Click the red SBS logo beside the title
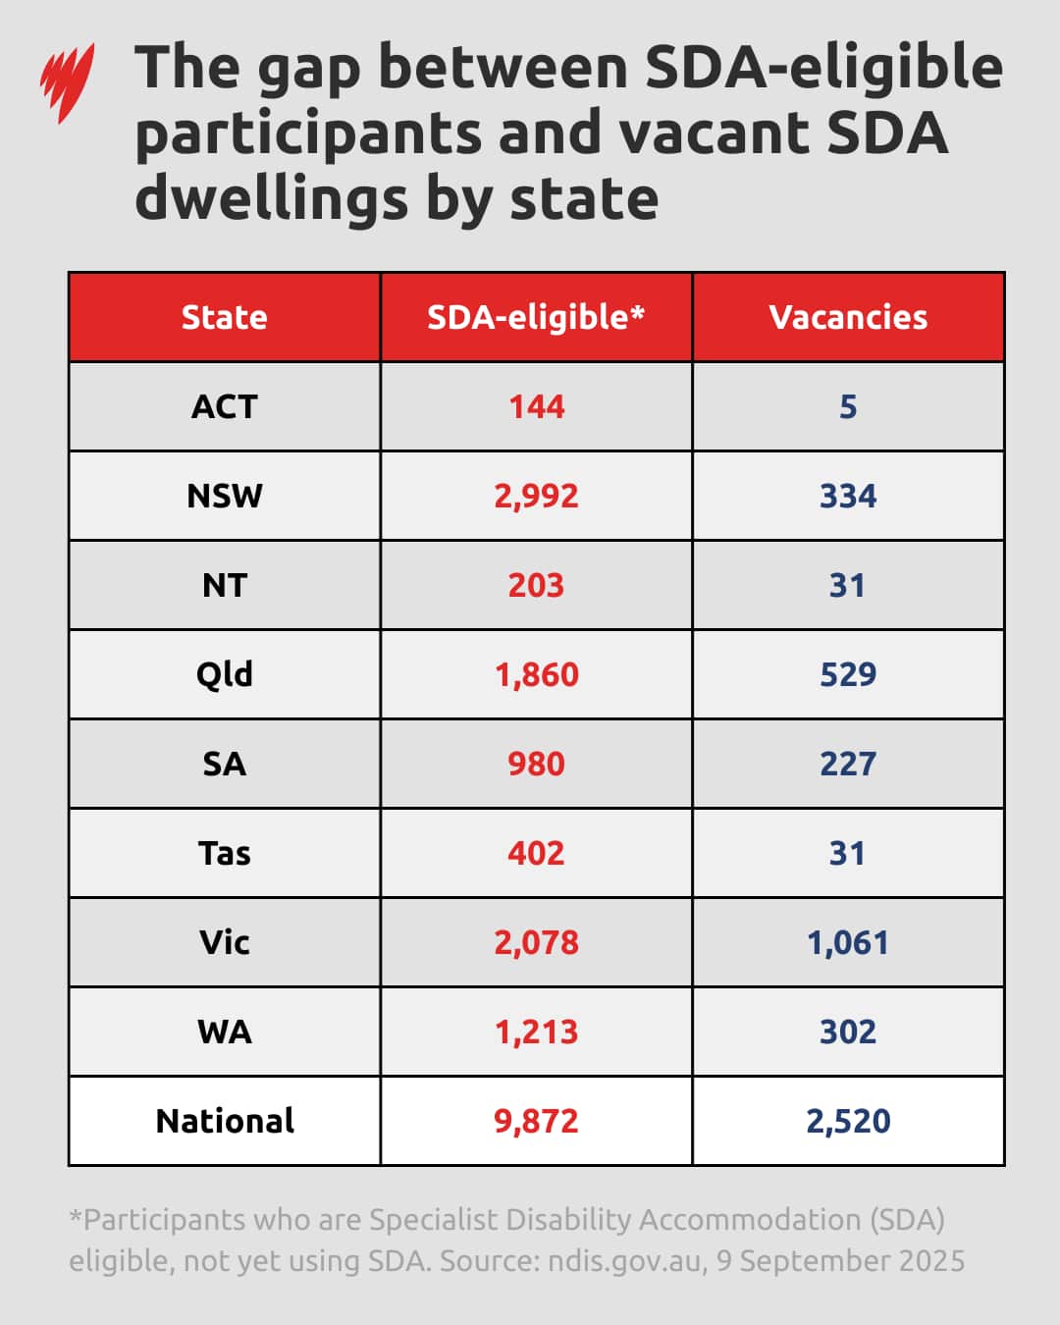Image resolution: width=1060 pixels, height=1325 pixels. point(67,82)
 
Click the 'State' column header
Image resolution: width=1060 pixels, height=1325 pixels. point(224,317)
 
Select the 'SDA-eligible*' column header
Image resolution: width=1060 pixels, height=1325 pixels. point(536,317)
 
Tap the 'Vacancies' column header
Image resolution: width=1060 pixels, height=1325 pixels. point(848,317)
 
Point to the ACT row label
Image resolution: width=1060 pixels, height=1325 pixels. point(224,406)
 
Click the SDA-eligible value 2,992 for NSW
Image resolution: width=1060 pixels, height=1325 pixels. point(536,496)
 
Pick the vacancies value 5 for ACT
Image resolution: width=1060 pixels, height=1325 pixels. point(848,406)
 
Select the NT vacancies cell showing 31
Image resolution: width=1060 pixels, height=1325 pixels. point(848,585)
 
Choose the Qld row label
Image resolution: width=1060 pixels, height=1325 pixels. point(224,674)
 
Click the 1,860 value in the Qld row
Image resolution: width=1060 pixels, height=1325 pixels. point(536,674)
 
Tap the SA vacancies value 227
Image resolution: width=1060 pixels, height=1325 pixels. point(848,764)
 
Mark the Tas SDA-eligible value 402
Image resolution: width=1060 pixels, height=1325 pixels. point(536,853)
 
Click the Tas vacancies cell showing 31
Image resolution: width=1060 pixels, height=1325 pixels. point(848,853)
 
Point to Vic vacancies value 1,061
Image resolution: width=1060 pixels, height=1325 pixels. point(848,942)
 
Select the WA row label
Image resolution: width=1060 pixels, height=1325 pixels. point(224,1032)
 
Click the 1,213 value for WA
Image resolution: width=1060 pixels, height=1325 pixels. point(536,1032)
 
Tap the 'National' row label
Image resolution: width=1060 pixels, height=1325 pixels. point(224,1121)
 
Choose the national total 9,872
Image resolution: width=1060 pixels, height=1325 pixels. point(536,1121)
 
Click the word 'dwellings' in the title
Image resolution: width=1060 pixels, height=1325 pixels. point(271,198)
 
